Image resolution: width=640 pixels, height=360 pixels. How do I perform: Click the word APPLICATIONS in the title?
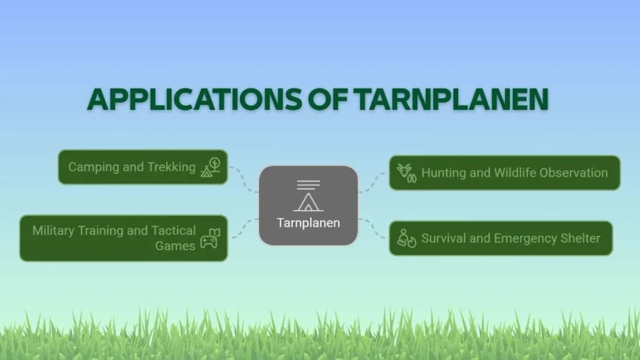click(194, 99)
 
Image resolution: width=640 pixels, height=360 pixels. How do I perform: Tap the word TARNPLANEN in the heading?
click(451, 99)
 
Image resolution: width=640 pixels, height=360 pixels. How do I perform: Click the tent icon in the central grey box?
click(308, 196)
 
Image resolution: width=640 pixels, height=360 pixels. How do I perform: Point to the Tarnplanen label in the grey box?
click(308, 223)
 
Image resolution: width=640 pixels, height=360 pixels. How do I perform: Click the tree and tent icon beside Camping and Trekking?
click(211, 167)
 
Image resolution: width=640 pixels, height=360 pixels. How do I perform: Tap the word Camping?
click(94, 167)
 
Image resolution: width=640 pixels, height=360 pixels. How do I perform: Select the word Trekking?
click(171, 167)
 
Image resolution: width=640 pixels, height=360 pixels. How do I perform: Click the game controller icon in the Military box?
click(210, 238)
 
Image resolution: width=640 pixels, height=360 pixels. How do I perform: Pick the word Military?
click(53, 231)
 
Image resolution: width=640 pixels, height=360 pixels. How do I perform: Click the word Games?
click(175, 246)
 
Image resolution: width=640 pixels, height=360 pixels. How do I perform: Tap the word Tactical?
click(174, 231)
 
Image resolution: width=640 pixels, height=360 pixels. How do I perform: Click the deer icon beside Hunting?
click(406, 173)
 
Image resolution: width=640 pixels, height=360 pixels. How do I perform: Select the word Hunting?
click(444, 173)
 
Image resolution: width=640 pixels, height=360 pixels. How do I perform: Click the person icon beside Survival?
click(406, 238)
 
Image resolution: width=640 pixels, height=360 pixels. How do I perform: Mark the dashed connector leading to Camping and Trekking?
click(243, 179)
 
